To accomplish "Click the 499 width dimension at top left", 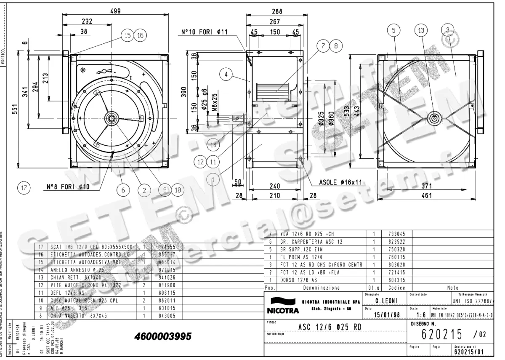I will [x=115, y=11].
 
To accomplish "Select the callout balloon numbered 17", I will [x=24, y=189].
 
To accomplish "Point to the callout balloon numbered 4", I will [x=226, y=75].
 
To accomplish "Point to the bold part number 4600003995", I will [x=163, y=337].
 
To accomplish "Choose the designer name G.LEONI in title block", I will [x=385, y=302].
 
